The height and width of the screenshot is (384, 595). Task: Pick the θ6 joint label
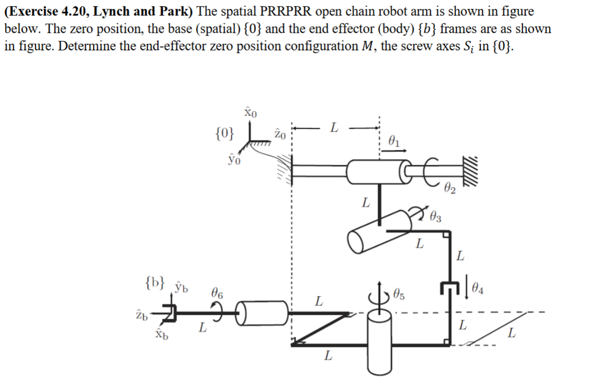(218, 294)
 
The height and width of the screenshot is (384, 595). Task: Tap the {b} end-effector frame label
(154, 282)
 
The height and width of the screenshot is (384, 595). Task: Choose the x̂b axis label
(160, 334)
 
